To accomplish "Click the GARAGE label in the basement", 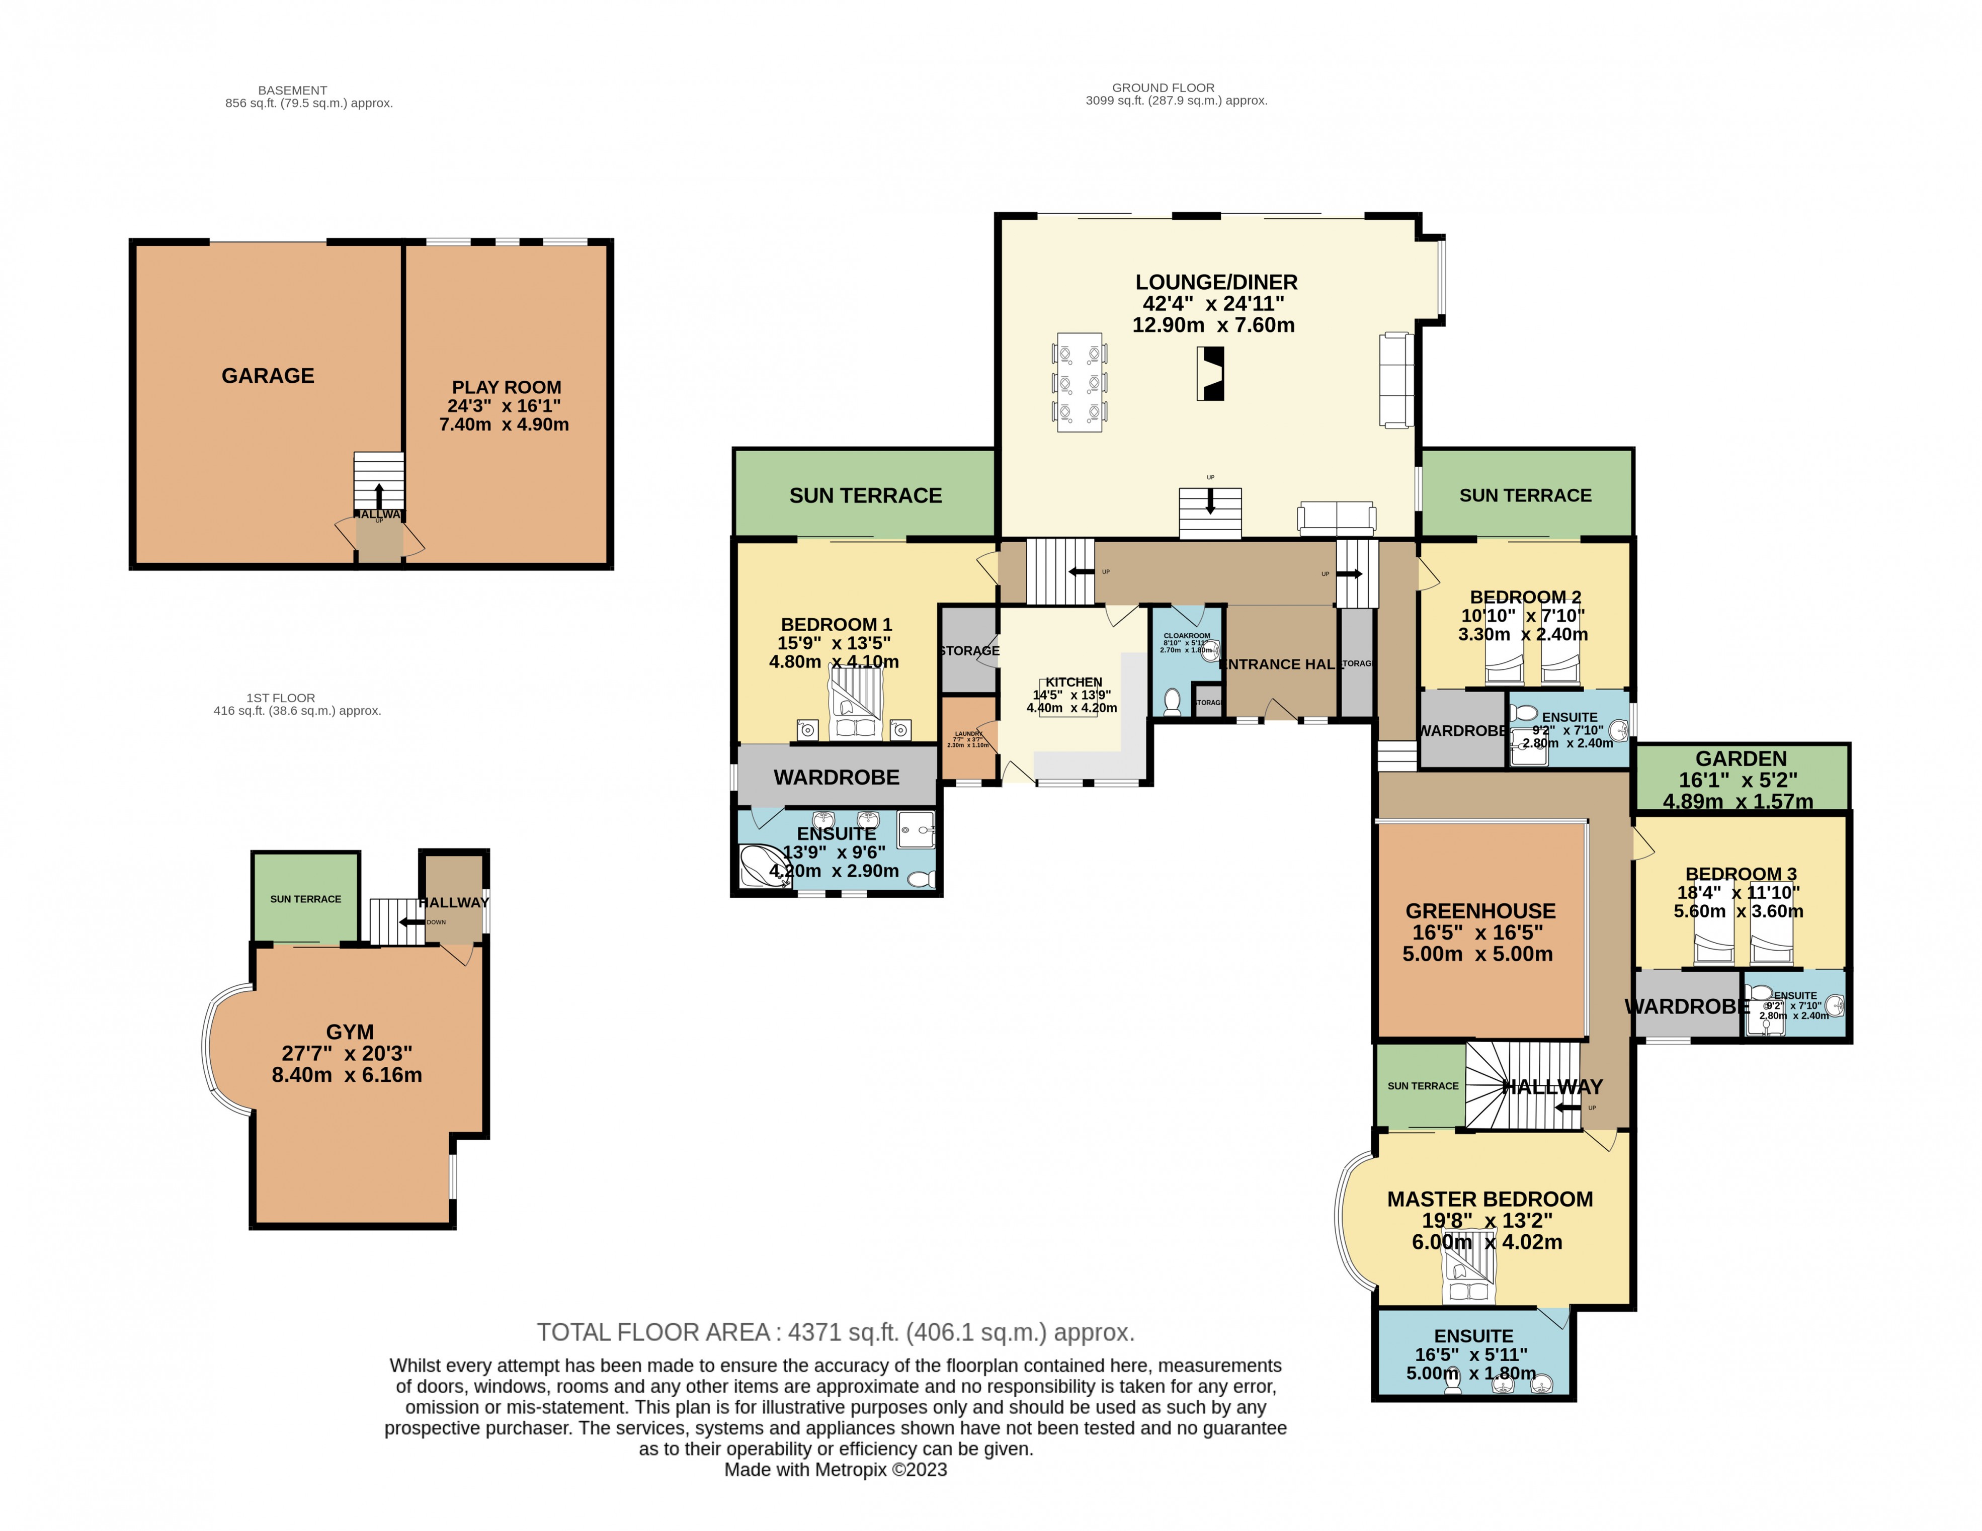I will [x=268, y=376].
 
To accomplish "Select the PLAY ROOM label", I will [x=507, y=387].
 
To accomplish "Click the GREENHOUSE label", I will [x=1480, y=911].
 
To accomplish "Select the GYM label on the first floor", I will [x=350, y=1032].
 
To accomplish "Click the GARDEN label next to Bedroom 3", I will [x=1741, y=758].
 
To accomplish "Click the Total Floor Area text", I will [x=835, y=1332].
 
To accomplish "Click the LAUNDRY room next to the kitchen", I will [x=968, y=738].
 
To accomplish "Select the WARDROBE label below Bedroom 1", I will [x=836, y=777].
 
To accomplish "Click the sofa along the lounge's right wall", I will [x=1396, y=380].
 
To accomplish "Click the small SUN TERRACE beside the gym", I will [x=306, y=898].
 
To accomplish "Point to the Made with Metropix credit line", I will [x=835, y=1470].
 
